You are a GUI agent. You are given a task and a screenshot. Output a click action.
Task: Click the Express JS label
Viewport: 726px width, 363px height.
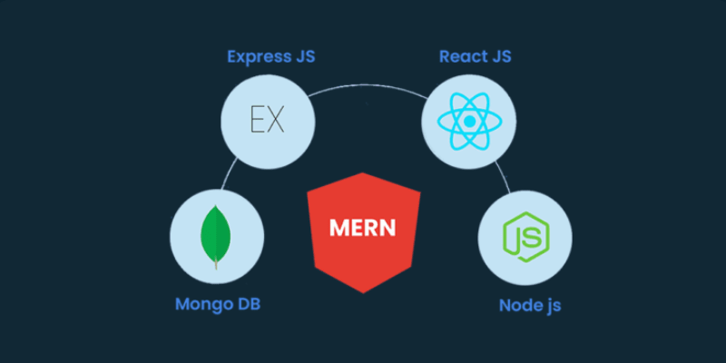coord(271,57)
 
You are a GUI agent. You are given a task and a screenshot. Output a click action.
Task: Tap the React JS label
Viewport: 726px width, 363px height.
coord(475,57)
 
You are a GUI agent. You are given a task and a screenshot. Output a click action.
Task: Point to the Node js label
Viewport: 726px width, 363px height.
coord(530,304)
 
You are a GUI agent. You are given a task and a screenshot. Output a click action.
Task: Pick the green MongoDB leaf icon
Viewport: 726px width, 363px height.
coord(215,233)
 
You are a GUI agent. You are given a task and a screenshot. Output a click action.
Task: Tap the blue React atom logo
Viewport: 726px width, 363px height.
coord(469,120)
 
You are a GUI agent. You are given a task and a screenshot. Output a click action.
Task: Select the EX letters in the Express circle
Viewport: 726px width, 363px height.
coord(268,120)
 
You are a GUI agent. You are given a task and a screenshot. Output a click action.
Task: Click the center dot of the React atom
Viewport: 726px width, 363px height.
coord(469,120)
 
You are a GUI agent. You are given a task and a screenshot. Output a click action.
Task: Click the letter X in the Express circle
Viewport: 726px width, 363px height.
coord(276,120)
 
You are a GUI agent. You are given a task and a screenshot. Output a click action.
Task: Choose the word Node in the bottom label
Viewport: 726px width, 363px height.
coord(519,304)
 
